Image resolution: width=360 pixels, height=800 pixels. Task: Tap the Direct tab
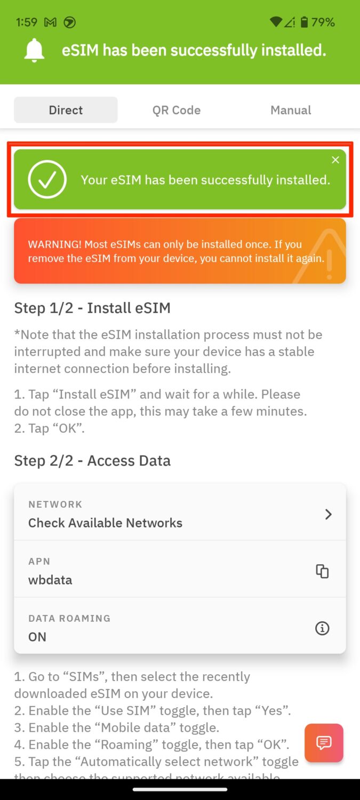click(66, 110)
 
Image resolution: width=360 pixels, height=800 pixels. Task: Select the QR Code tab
click(177, 110)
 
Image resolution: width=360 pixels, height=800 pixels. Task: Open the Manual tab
click(291, 110)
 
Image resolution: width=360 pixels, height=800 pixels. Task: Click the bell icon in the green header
click(34, 51)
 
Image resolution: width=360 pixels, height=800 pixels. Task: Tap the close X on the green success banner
click(335, 160)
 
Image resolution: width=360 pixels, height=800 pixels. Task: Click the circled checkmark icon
click(47, 180)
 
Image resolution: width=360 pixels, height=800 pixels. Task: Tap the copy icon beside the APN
click(322, 571)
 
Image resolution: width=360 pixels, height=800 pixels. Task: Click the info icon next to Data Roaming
click(322, 628)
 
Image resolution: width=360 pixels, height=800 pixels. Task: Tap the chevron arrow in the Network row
click(328, 514)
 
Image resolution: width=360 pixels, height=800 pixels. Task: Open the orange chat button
click(324, 742)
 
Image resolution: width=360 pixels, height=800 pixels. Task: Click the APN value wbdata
click(50, 580)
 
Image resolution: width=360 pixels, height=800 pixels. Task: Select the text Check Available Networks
click(105, 523)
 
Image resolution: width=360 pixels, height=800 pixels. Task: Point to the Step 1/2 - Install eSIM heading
click(92, 308)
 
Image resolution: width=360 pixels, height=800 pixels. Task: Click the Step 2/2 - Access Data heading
click(92, 461)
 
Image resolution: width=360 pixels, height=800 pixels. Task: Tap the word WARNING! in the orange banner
click(55, 244)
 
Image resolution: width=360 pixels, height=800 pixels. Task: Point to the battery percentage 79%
click(323, 22)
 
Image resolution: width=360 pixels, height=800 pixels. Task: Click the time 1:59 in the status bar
click(27, 22)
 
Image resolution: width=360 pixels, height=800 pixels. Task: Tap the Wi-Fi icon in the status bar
click(276, 22)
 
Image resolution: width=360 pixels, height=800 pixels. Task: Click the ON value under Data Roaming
click(37, 637)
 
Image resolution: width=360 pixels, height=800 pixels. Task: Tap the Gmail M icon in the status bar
click(50, 22)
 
